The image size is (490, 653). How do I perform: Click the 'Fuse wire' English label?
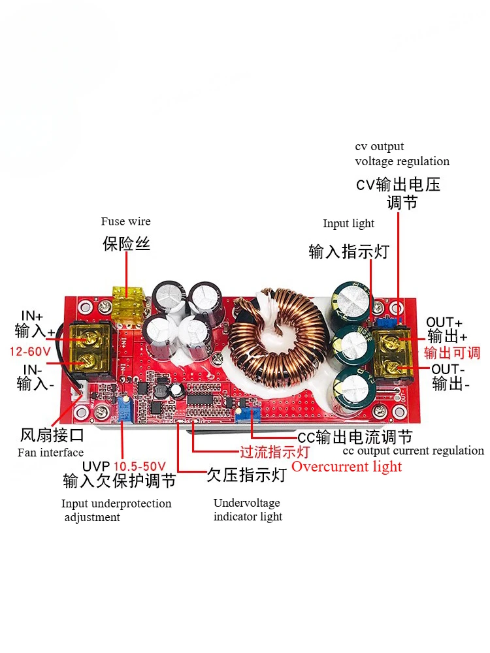[x=125, y=221]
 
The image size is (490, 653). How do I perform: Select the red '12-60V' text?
[x=30, y=351]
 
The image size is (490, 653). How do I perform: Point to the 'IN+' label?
[x=29, y=315]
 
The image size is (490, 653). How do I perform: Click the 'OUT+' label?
[x=444, y=322]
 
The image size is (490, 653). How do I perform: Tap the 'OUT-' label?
[x=448, y=370]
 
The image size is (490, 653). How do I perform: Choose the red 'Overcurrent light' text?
[x=346, y=466]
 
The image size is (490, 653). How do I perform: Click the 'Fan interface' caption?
[x=50, y=453]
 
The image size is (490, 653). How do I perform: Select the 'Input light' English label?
[x=348, y=224]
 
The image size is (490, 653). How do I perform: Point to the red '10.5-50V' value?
[x=140, y=467]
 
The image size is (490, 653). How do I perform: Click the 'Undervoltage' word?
[x=247, y=503]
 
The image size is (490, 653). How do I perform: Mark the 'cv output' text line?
[x=380, y=146]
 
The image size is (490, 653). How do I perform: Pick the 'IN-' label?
[x=32, y=370]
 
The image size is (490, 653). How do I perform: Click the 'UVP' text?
[x=97, y=467]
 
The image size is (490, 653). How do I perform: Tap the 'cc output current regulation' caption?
[x=414, y=451]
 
